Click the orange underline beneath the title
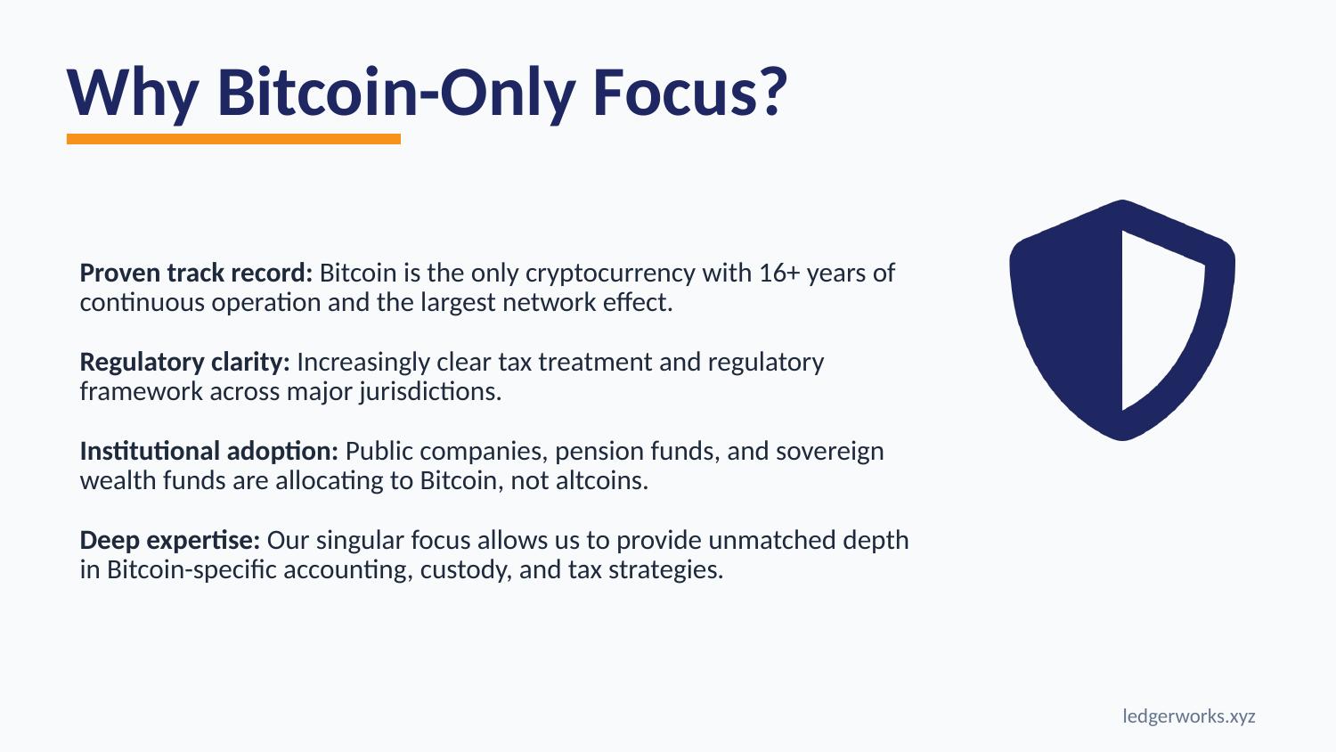pyautogui.click(x=233, y=139)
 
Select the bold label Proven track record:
pyautogui.click(x=196, y=273)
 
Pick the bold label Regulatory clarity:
pyautogui.click(x=185, y=362)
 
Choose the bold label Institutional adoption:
pyautogui.click(x=209, y=451)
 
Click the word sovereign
pyautogui.click(x=829, y=451)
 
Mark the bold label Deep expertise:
pyautogui.click(x=170, y=540)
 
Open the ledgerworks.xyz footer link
pyautogui.click(x=1188, y=716)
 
